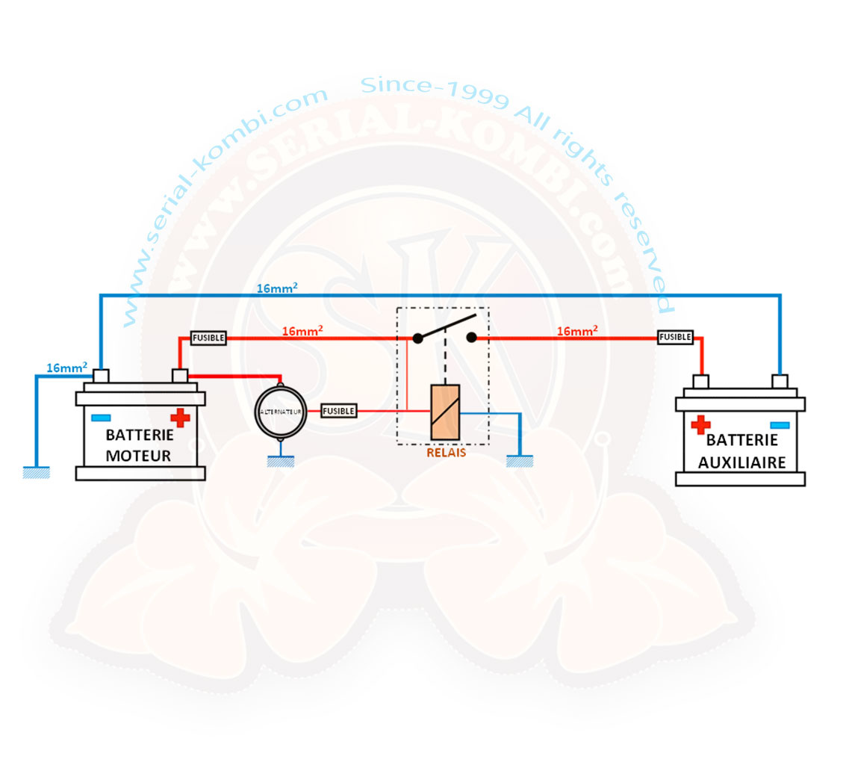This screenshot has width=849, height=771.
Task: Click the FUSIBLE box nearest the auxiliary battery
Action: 675,337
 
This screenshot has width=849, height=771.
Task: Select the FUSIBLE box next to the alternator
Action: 338,410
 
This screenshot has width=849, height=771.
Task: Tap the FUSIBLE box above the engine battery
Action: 208,338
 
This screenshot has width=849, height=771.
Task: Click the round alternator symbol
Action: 280,412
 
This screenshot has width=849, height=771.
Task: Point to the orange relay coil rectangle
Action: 445,412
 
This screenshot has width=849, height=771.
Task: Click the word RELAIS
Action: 446,451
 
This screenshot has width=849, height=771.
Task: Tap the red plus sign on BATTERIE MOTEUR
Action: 179,418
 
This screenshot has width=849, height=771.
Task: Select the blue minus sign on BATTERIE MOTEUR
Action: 101,418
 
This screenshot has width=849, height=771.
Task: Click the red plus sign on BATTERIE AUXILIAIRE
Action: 700,424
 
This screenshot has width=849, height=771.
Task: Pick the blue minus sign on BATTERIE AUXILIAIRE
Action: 779,424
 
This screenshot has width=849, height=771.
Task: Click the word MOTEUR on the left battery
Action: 140,455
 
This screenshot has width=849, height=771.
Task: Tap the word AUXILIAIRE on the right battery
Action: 741,462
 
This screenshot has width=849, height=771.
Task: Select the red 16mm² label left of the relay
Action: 302,330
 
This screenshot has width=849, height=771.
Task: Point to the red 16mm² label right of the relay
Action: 577,330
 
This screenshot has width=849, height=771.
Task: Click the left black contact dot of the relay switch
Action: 417,338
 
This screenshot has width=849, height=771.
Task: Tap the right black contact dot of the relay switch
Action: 471,338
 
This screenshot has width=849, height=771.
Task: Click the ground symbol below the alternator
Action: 281,462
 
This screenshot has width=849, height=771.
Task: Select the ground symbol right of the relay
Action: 520,462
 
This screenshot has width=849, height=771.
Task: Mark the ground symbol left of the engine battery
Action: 36,472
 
